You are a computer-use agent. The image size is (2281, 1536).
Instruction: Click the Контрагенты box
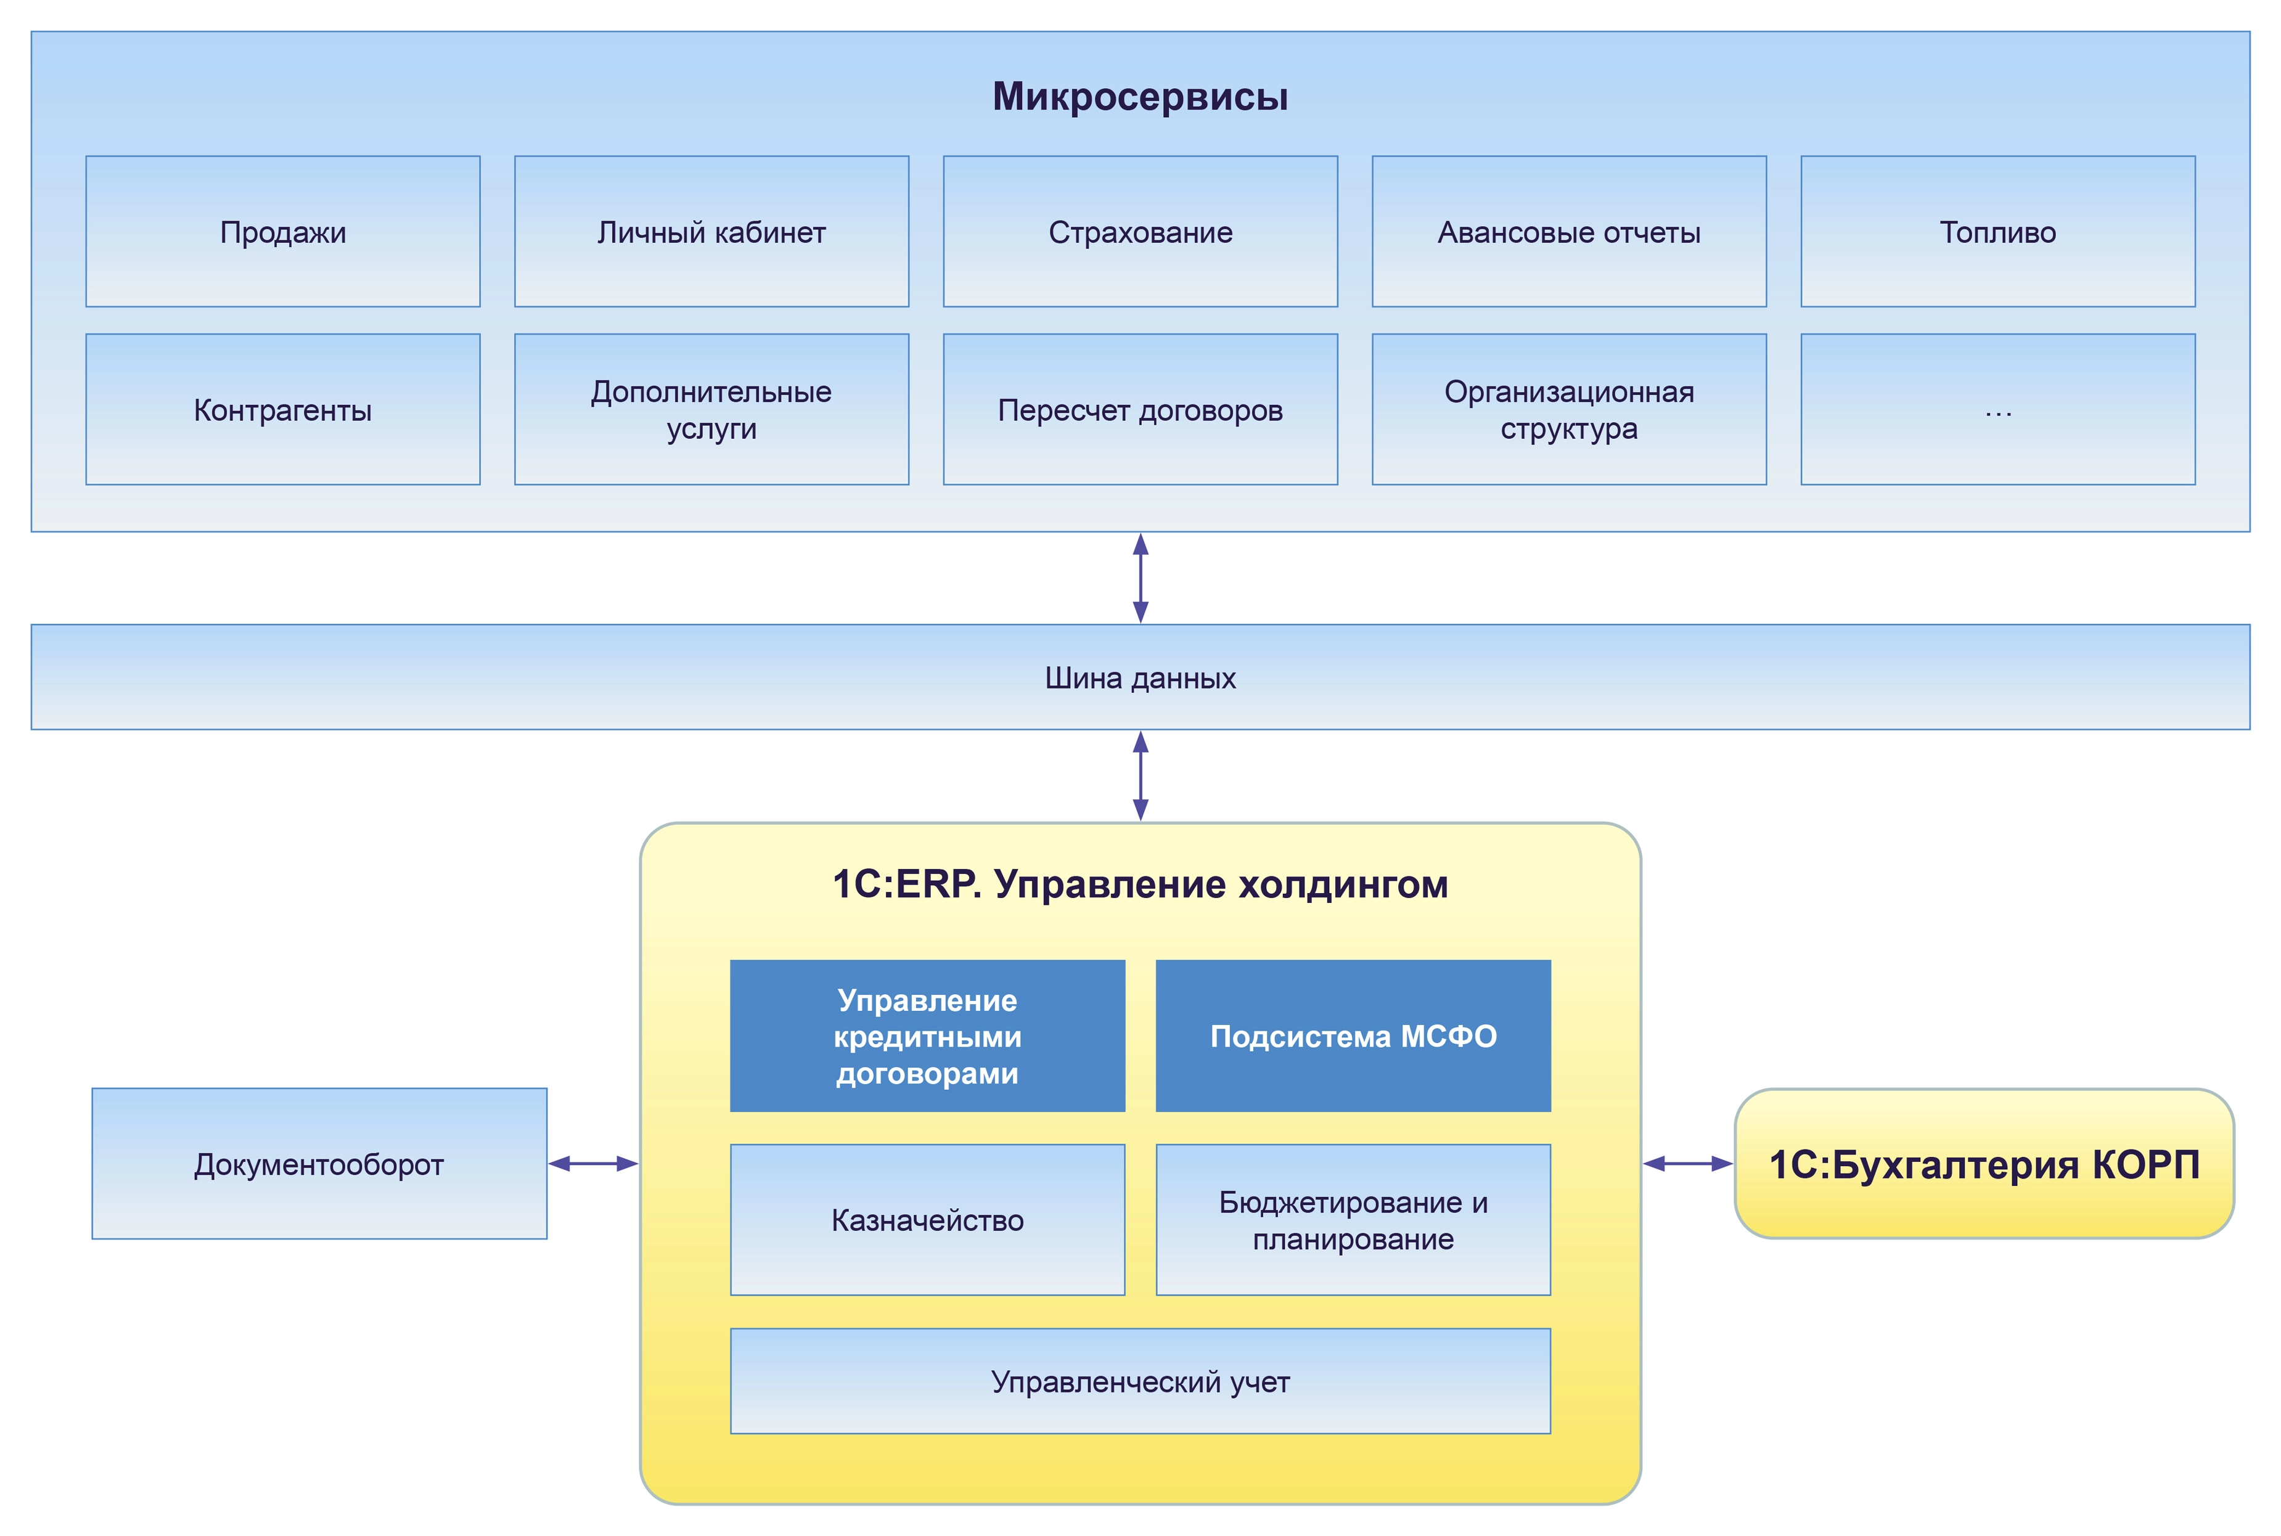point(282,409)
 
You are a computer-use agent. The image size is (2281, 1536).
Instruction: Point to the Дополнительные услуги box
point(711,409)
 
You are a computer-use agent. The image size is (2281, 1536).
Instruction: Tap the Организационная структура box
point(1569,409)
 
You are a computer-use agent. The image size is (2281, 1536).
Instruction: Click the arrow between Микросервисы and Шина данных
point(1140,578)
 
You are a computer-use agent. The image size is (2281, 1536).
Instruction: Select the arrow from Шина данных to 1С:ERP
point(1140,776)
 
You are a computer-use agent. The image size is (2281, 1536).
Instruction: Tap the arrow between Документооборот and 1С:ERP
point(593,1164)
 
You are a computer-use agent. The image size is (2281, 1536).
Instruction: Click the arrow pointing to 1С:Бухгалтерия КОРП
point(1687,1164)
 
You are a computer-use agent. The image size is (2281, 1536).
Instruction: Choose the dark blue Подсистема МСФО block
point(1353,1036)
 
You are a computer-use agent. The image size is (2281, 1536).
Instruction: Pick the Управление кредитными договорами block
point(927,1036)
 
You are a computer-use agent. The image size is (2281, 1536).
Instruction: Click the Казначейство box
point(927,1220)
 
